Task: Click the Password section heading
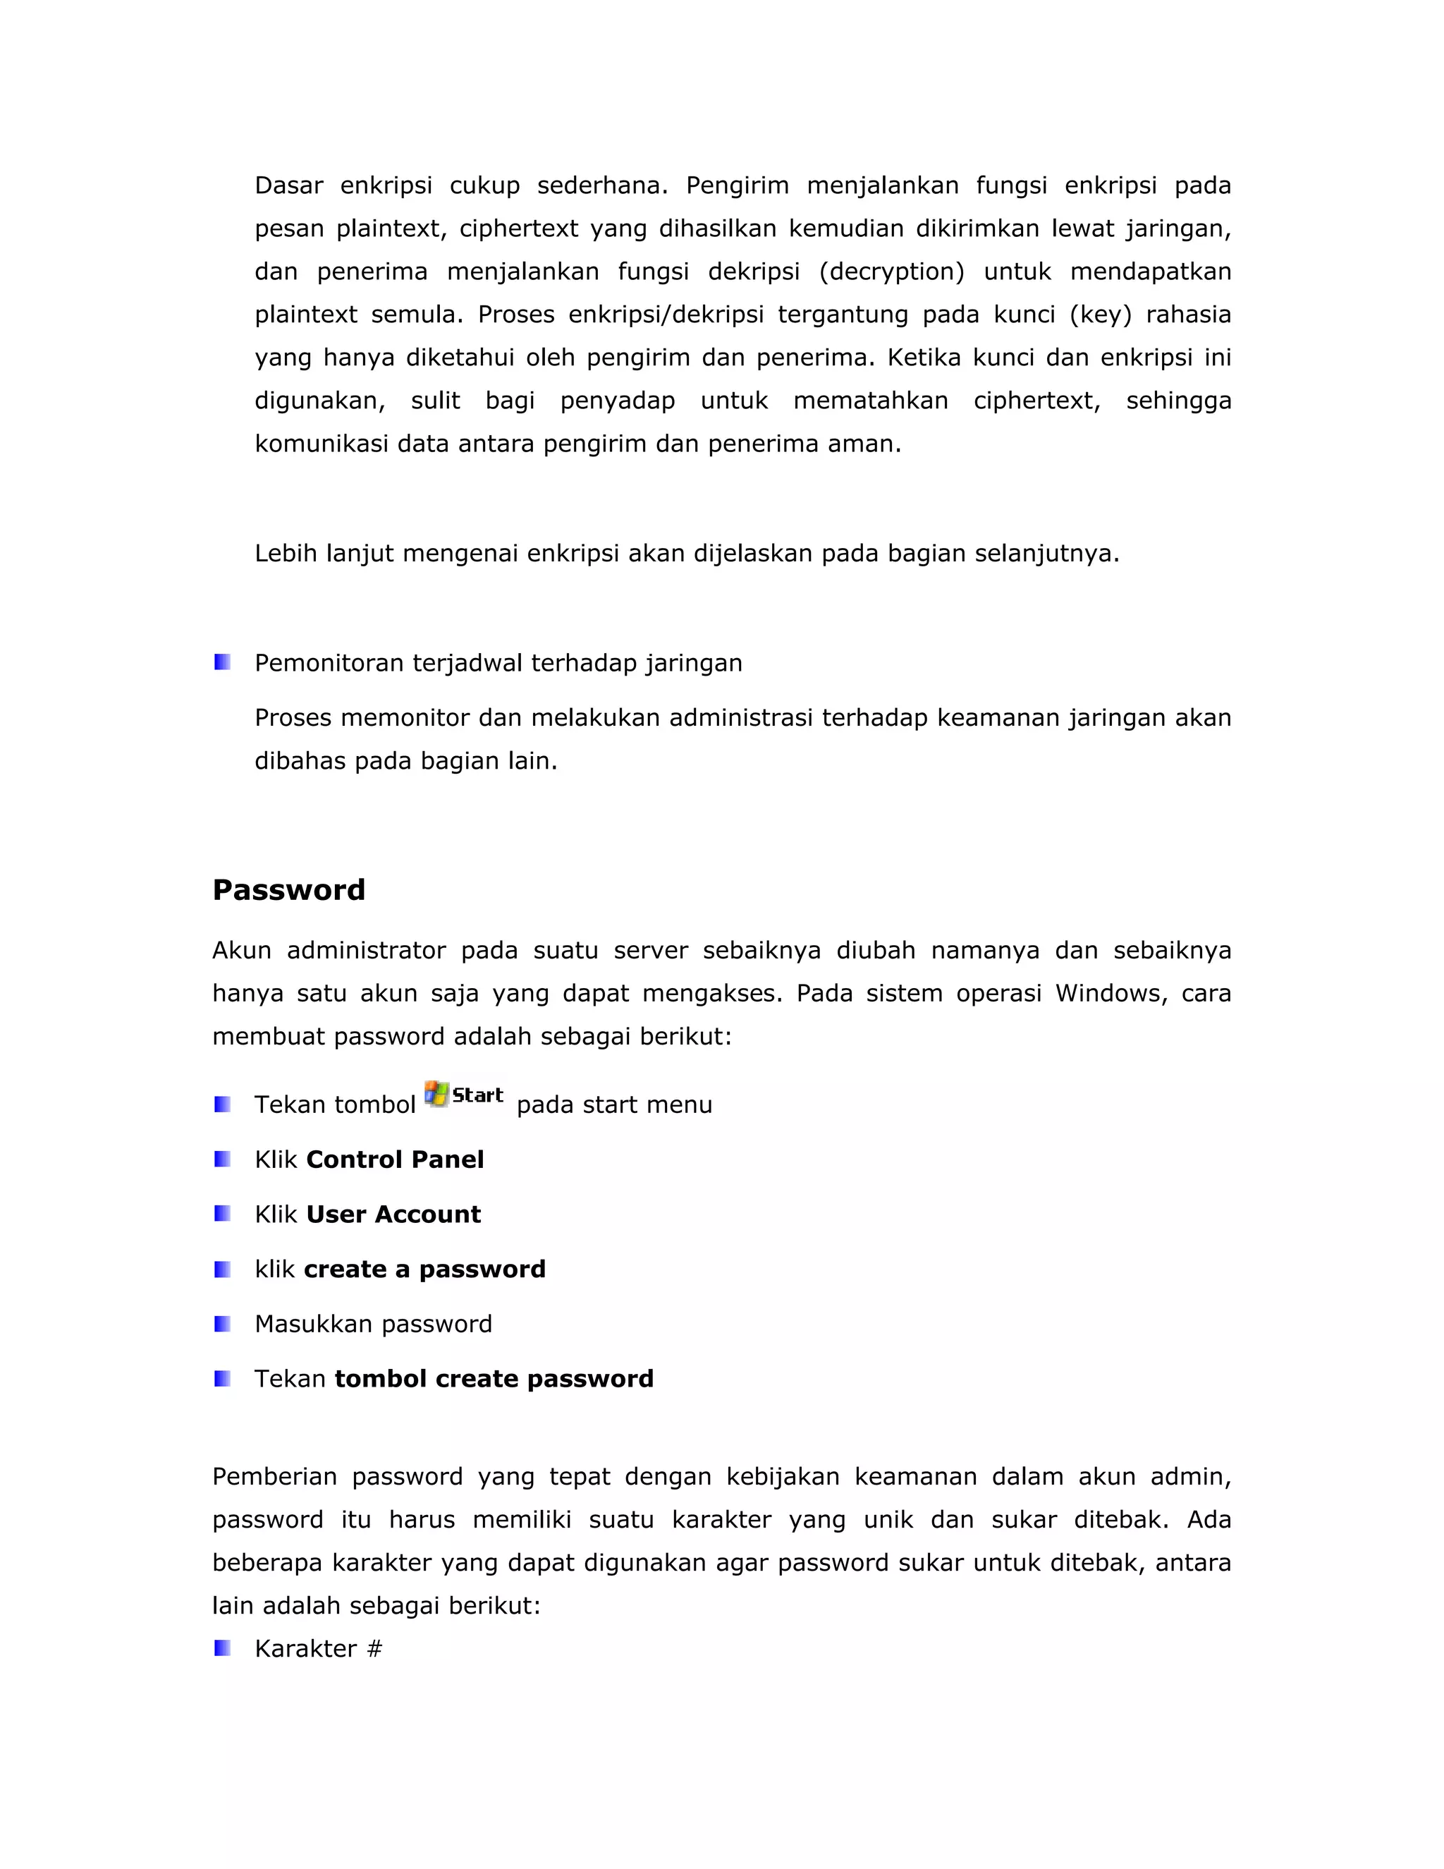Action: click(x=288, y=890)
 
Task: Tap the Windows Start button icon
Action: click(x=464, y=1095)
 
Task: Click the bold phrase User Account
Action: click(x=393, y=1214)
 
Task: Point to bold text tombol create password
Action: click(x=494, y=1379)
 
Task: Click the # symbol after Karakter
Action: click(x=374, y=1649)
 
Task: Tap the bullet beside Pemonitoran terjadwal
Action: click(x=222, y=662)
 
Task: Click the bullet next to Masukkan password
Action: click(x=222, y=1324)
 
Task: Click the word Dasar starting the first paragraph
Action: click(x=288, y=185)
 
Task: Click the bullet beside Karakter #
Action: click(x=222, y=1648)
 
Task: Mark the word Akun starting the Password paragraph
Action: click(x=241, y=951)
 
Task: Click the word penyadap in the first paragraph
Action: click(x=617, y=401)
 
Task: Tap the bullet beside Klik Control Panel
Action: click(x=222, y=1159)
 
